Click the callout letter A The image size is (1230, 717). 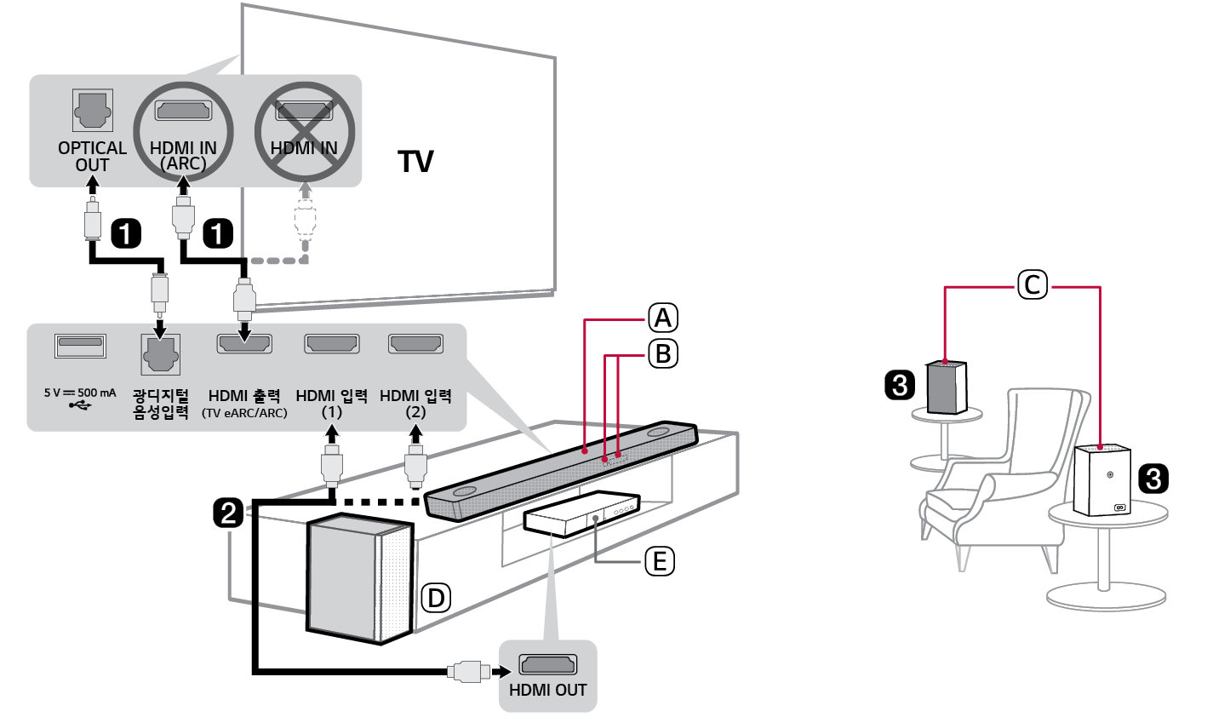663,318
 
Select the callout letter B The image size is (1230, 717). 663,353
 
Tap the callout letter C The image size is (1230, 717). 1033,284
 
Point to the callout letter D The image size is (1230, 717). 436,598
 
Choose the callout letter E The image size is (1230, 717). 659,561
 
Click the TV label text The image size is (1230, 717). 415,161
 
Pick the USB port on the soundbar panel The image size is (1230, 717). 81,346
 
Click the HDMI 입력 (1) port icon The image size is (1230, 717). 331,344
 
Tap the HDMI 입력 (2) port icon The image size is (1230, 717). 415,344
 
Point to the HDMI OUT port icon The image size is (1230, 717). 547,664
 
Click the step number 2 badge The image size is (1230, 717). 228,513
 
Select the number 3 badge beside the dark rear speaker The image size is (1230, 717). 900,385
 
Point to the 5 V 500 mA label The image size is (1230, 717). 80,393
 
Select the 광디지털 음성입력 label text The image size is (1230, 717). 160,404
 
